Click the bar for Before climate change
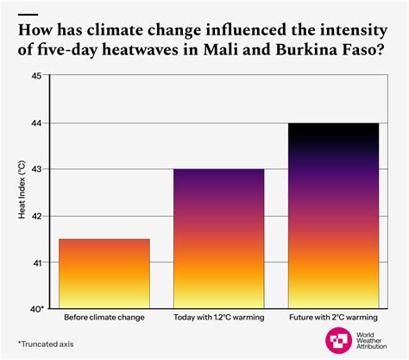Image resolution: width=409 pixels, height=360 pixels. [x=104, y=274]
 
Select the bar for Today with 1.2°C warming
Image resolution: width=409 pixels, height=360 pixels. [x=219, y=238]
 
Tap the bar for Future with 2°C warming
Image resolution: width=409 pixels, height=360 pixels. [x=333, y=216]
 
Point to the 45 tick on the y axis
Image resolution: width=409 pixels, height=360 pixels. [x=36, y=76]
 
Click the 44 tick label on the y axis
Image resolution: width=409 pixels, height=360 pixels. [x=36, y=123]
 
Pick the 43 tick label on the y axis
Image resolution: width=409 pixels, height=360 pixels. [x=36, y=169]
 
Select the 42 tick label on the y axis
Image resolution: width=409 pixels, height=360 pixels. [x=36, y=216]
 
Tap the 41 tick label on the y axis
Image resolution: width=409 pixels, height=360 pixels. [x=36, y=262]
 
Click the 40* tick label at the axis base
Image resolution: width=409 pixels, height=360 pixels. [x=37, y=309]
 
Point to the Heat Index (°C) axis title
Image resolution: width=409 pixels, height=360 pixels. [x=22, y=189]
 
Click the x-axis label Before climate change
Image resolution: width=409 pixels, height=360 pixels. [x=104, y=318]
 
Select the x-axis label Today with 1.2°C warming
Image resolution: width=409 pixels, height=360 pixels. [x=219, y=318]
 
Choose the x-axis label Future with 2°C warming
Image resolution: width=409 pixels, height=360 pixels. [x=333, y=318]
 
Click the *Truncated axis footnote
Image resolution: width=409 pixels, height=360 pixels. [x=46, y=344]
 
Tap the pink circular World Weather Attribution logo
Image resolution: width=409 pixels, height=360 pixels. [x=338, y=340]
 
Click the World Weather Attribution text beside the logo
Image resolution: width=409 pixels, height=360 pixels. [x=371, y=341]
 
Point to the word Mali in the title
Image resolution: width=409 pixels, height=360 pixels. [x=221, y=49]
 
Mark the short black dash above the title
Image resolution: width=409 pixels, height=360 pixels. [x=28, y=15]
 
